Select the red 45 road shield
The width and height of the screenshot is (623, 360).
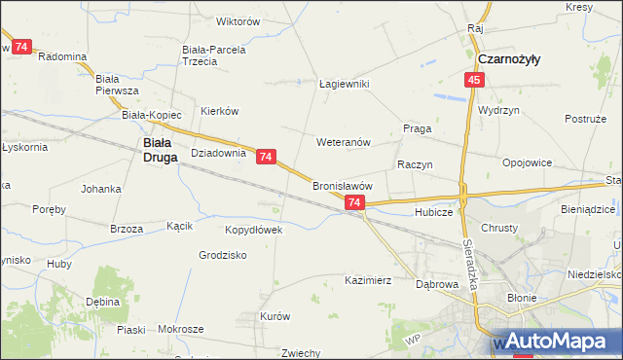click(474, 81)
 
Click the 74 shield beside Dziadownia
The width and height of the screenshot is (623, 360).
click(267, 156)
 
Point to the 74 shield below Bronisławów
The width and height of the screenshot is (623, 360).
click(354, 202)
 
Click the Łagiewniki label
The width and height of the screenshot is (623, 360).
click(345, 84)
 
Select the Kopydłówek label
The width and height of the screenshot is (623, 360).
click(253, 230)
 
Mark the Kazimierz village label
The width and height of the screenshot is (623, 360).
click(368, 280)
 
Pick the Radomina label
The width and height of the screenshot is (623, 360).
click(62, 56)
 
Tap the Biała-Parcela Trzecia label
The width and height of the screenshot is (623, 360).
click(214, 54)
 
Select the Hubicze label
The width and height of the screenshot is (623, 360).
click(433, 211)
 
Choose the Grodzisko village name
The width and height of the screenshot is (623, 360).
click(223, 255)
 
